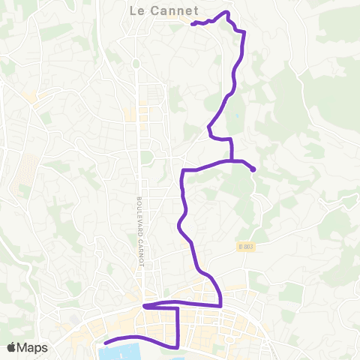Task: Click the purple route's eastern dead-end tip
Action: coord(253,169)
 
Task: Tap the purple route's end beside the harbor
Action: coord(104,343)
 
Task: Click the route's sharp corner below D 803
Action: coord(221,305)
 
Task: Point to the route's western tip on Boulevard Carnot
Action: coord(145,306)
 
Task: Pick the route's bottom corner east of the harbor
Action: coord(177,347)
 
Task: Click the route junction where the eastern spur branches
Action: coord(231,160)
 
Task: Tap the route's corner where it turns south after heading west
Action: coord(183,171)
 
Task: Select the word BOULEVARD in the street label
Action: coord(139,214)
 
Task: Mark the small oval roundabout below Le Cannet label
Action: coord(136,64)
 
